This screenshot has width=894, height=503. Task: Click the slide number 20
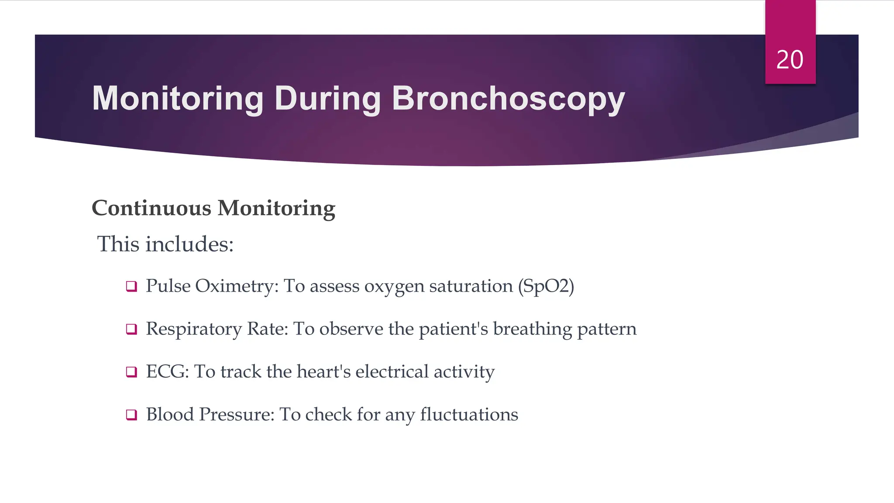pos(790,60)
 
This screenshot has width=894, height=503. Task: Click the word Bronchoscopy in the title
pos(509,99)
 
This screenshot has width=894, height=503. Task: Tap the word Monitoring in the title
pos(178,99)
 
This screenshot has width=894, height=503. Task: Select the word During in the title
pos(327,99)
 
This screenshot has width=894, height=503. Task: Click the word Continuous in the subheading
pos(151,208)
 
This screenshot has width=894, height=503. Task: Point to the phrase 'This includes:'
pos(165,244)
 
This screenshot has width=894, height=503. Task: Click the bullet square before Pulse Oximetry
pos(131,286)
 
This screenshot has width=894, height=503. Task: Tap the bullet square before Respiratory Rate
pos(131,329)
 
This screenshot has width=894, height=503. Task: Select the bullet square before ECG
pos(131,372)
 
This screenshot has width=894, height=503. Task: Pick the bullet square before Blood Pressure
pos(131,414)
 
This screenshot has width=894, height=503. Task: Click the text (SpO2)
pos(546,286)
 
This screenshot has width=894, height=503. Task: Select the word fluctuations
pos(469,414)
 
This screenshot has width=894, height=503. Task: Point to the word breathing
pos(533,329)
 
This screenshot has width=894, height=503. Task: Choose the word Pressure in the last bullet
pos(237,414)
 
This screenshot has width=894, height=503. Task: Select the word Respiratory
pos(194,329)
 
